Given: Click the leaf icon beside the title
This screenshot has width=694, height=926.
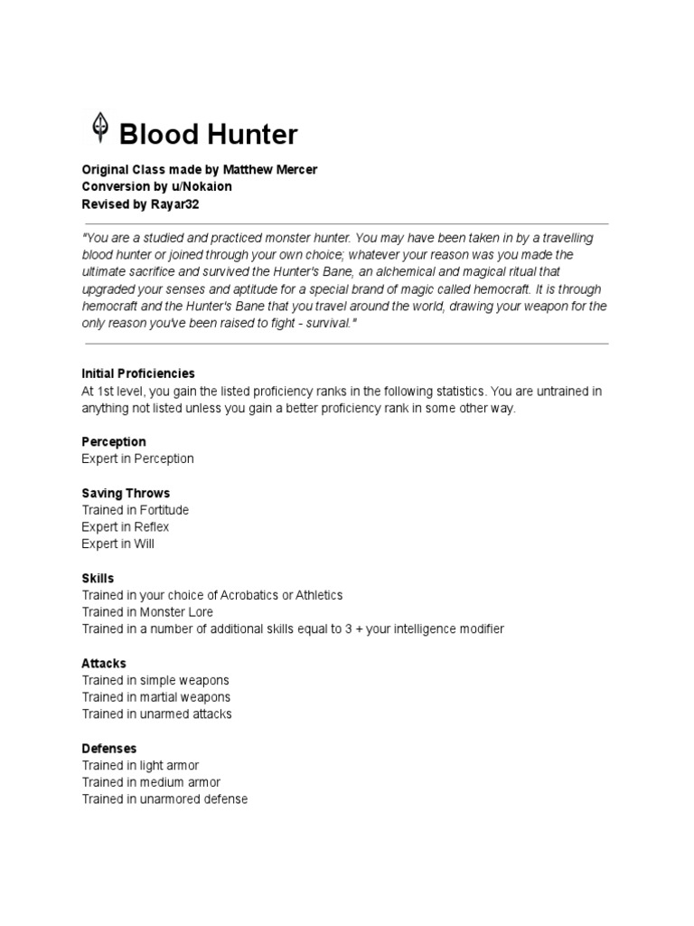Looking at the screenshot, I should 97,128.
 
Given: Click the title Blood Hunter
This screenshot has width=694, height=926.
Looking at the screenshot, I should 208,135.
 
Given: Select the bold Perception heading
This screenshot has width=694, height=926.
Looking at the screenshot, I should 113,441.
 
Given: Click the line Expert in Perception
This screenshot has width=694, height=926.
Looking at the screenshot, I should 137,458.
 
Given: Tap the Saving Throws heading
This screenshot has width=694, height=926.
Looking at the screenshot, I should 126,493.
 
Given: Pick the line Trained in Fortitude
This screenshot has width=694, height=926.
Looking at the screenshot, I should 136,510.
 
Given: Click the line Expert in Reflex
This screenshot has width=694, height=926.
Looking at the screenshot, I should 126,526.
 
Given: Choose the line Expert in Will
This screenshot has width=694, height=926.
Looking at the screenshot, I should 117,543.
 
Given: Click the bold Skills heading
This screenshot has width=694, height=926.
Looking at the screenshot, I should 98,578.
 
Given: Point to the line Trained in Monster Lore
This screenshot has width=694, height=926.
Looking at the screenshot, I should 148,612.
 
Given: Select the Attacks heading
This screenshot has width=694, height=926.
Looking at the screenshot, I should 104,663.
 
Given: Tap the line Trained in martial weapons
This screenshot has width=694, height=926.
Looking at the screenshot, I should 156,697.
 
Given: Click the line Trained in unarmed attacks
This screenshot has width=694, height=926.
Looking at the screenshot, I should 156,713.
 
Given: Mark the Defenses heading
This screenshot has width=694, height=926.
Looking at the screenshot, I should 109,748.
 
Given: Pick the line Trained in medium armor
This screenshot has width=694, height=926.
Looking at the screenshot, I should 151,782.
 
